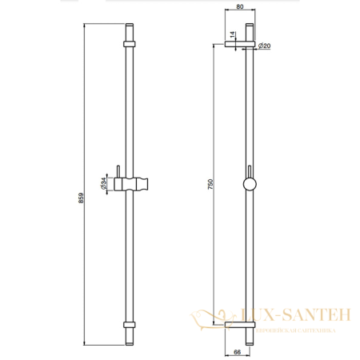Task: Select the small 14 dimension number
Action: [x=231, y=35]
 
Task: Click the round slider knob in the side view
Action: [x=250, y=186]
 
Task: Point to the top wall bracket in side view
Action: [x=240, y=46]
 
